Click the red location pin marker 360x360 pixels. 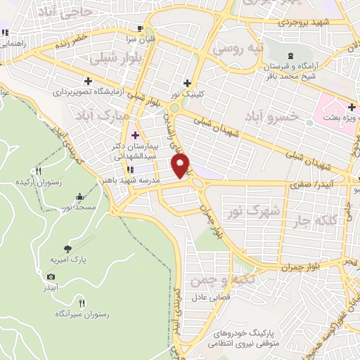(x=181, y=166)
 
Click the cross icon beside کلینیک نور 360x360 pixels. (x=186, y=82)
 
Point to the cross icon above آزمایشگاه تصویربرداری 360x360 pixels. (x=88, y=81)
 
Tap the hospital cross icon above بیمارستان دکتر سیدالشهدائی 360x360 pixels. (x=135, y=134)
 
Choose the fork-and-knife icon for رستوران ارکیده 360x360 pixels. (x=39, y=170)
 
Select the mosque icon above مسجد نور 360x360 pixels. (x=79, y=196)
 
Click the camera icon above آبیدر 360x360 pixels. (x=51, y=276)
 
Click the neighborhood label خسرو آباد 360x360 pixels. (x=275, y=115)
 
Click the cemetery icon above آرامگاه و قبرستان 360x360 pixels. (x=289, y=56)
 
